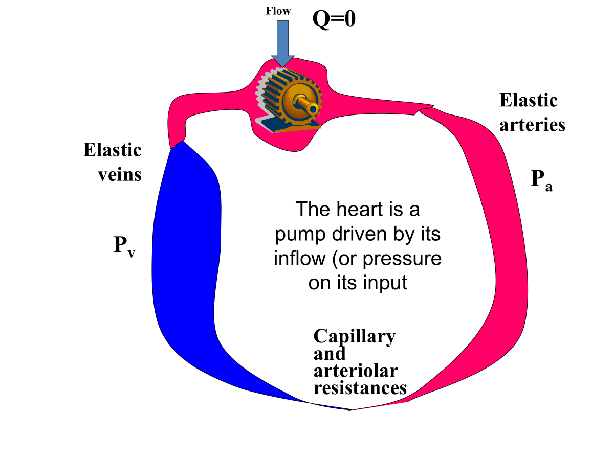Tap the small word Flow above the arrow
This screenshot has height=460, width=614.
coord(278,10)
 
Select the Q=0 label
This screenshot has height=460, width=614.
coord(334,19)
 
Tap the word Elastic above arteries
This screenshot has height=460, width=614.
coord(528,100)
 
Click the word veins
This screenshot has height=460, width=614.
coord(119,174)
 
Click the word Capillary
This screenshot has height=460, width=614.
coord(354,336)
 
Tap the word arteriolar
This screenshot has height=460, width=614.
coord(356,371)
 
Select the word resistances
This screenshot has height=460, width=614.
coord(360,388)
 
